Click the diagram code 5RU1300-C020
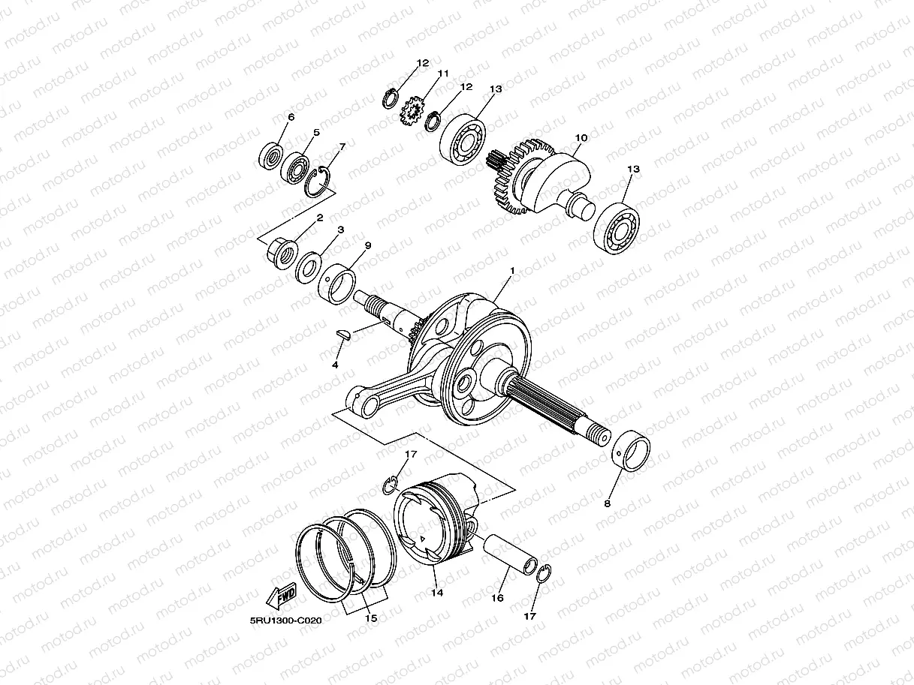click(286, 620)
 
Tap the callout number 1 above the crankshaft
click(512, 271)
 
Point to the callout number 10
click(581, 137)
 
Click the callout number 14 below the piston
click(437, 592)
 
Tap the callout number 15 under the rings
click(370, 618)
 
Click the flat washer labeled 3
click(308, 267)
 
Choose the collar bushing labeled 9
click(336, 284)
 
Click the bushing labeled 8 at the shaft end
click(630, 451)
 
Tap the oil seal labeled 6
click(271, 156)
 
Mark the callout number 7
click(342, 147)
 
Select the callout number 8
click(607, 503)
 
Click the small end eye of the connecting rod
click(360, 401)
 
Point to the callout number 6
click(291, 117)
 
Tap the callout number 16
click(497, 598)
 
